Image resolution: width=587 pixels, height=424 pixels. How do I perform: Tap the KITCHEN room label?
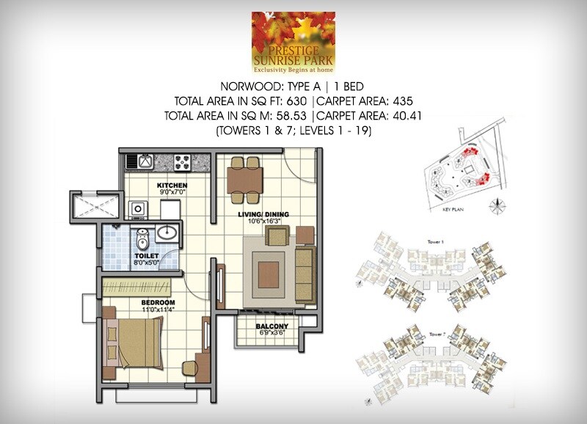[171, 186]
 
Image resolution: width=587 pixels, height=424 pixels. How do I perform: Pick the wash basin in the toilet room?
[167, 233]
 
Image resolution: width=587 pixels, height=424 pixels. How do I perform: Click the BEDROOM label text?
[158, 303]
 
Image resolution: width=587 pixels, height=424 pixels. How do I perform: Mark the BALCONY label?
[271, 327]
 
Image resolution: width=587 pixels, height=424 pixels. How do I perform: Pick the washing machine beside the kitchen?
[137, 211]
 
